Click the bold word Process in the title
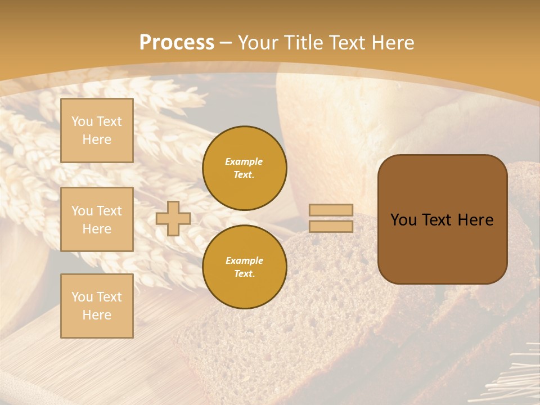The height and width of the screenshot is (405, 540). tap(177, 43)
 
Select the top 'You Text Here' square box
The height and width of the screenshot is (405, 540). tap(97, 130)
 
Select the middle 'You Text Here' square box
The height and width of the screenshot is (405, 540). tap(97, 219)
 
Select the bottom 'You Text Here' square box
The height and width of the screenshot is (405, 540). tap(97, 306)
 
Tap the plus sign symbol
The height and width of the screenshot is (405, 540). tap(173, 218)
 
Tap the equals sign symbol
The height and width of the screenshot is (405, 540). tap(331, 218)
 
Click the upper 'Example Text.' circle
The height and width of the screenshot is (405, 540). tap(245, 168)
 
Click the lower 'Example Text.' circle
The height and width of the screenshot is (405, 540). tap(245, 267)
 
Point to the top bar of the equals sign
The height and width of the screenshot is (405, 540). tap(331, 210)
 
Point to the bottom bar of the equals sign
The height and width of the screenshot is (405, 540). tap(331, 226)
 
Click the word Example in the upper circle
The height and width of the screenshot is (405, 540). tap(244, 162)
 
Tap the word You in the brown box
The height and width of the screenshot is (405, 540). tap(403, 220)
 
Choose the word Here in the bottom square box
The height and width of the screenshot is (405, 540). tap(97, 315)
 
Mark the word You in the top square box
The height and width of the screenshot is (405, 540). tap(82, 121)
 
